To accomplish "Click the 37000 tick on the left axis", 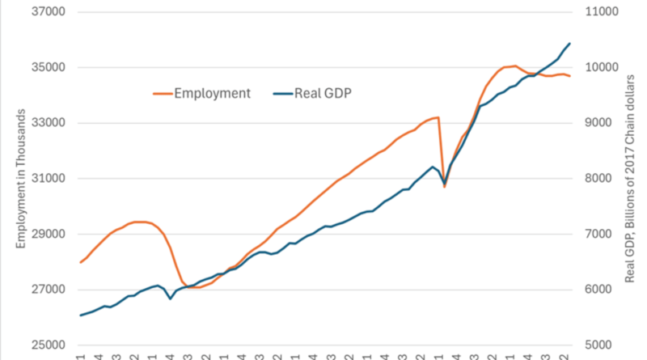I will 48,12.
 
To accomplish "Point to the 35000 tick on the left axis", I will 48,68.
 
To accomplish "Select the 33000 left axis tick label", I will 48,123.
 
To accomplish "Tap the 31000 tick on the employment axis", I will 48,179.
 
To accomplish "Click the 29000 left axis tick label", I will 48,234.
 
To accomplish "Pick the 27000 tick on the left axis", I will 48,290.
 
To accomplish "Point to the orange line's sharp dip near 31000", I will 444,187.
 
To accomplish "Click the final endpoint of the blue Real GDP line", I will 569,44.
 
